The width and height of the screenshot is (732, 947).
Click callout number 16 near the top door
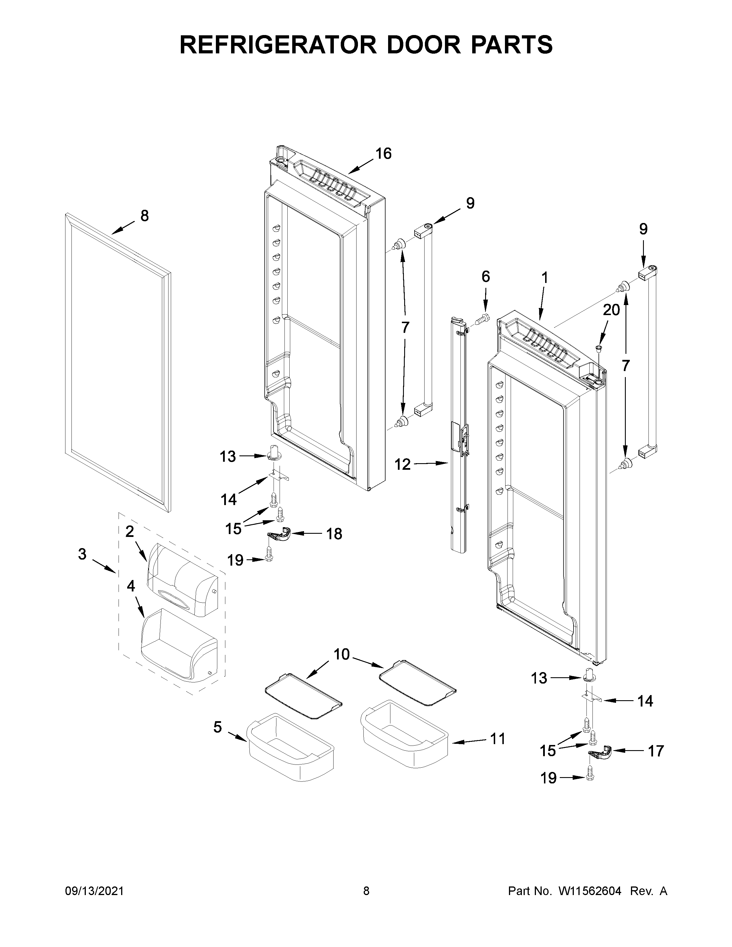383,154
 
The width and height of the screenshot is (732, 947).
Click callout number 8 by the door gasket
144,216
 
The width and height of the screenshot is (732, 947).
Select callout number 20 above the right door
611,310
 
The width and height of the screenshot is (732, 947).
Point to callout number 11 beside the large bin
497,738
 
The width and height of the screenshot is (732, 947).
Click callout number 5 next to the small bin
217,727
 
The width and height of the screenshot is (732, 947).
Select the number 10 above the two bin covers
341,654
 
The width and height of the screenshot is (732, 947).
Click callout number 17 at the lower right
656,751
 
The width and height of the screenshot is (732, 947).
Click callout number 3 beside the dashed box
82,554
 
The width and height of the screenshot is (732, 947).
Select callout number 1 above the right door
545,278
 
